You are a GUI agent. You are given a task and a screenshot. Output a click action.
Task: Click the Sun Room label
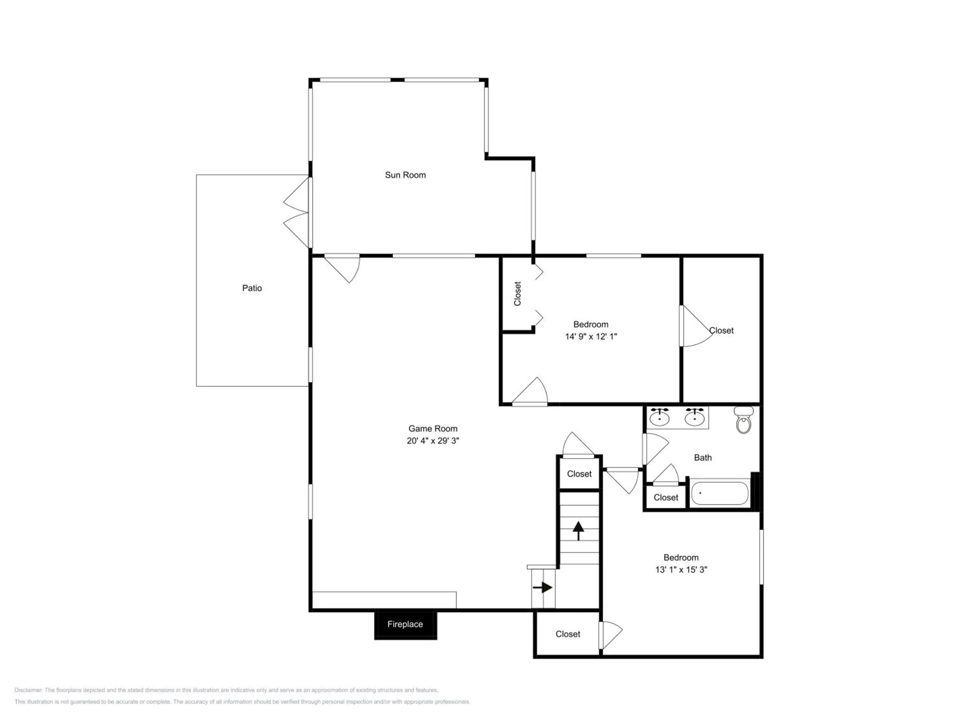[x=405, y=175]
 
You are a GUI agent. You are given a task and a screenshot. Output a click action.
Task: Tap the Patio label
[x=252, y=288]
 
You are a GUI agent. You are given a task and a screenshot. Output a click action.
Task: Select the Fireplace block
[x=405, y=624]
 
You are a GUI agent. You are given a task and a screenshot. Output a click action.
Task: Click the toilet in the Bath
[x=744, y=420]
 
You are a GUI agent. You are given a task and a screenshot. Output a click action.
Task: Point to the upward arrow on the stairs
[x=579, y=530]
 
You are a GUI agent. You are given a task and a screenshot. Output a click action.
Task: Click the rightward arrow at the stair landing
[x=543, y=588]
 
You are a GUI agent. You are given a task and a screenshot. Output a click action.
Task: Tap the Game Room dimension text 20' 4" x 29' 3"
[x=433, y=441]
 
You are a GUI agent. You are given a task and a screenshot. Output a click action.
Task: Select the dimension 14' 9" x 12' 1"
[x=591, y=336]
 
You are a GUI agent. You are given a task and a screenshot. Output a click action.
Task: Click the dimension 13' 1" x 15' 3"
[x=681, y=569]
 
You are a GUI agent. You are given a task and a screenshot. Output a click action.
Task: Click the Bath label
[x=703, y=458]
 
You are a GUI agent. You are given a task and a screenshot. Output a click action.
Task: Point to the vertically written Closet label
[x=518, y=294]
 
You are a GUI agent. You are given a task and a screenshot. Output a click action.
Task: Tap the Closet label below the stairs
[x=568, y=634]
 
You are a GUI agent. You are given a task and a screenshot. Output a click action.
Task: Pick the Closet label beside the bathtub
[x=666, y=498]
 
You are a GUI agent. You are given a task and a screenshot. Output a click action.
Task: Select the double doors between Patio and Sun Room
[x=297, y=213]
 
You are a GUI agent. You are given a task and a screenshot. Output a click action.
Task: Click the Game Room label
[x=433, y=429]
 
